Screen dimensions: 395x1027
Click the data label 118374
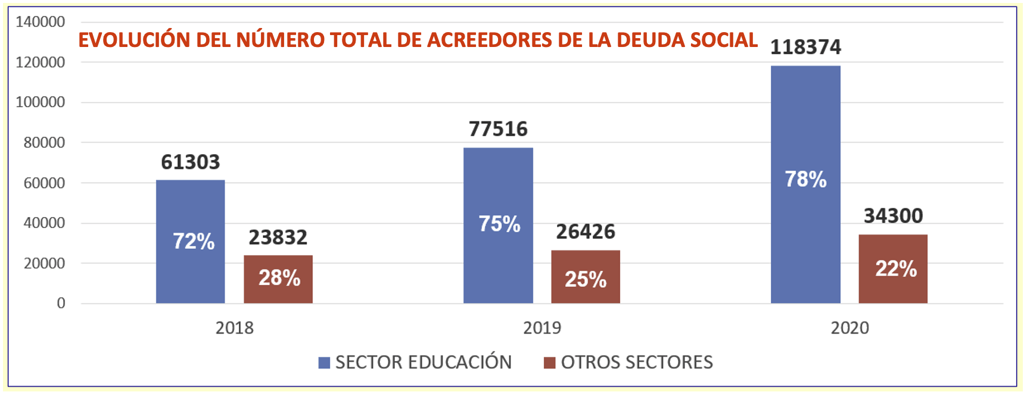[805, 47]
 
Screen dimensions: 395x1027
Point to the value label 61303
[191, 162]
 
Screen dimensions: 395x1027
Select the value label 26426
[585, 231]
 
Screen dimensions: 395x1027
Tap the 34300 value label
[893, 215]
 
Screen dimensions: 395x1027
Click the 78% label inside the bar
[805, 179]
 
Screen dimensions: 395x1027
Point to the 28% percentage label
[279, 278]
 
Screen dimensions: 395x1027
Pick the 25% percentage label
[585, 279]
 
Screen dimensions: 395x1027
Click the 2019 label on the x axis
[541, 328]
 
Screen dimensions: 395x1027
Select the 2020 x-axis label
[849, 328]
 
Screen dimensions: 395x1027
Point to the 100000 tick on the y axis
[41, 102]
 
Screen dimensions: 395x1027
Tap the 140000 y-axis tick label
[41, 22]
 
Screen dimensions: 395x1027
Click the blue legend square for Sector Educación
[324, 363]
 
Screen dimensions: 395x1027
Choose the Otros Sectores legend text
[636, 362]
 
